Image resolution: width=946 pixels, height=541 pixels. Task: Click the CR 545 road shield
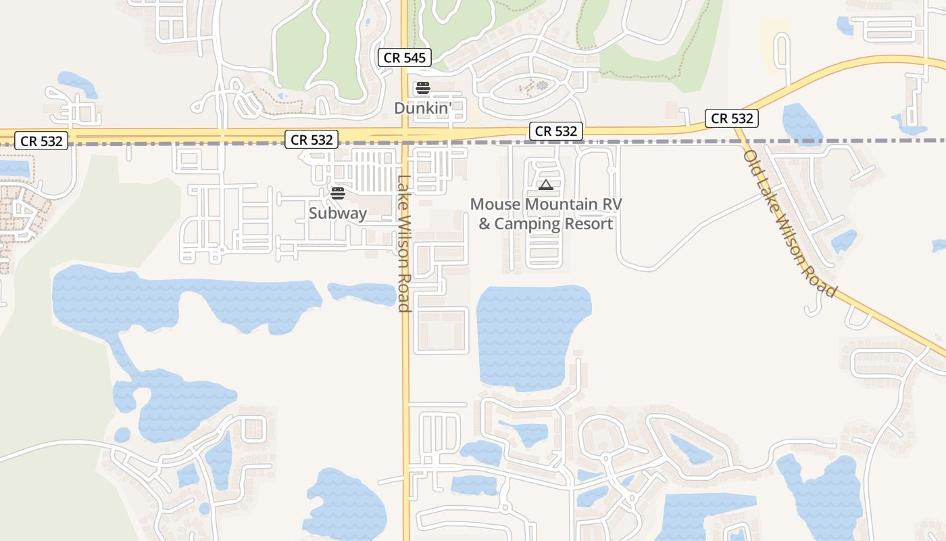point(405,57)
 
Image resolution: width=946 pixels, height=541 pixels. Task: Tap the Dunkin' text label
point(422,108)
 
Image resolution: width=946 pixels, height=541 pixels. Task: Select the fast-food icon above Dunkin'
point(422,87)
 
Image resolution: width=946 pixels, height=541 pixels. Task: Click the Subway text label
point(338,213)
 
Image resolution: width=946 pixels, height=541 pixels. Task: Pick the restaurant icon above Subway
point(338,193)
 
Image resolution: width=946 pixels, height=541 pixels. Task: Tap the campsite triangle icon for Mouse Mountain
point(545,185)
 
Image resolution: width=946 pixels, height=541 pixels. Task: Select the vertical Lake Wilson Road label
point(404,243)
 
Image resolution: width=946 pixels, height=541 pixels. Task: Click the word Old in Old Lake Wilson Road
point(751,161)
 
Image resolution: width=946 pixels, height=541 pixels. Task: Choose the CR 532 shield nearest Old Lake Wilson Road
point(732,118)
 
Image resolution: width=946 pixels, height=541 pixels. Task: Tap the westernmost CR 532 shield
point(42,141)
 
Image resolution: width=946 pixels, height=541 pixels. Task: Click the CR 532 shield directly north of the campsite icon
point(556,131)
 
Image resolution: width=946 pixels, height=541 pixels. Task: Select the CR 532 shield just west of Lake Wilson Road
point(312,140)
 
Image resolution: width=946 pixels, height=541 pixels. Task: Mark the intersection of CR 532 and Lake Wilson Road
point(404,135)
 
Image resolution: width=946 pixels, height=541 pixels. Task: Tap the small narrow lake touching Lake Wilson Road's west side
point(362,293)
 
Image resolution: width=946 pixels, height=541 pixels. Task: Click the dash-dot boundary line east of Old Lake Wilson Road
point(845,141)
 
